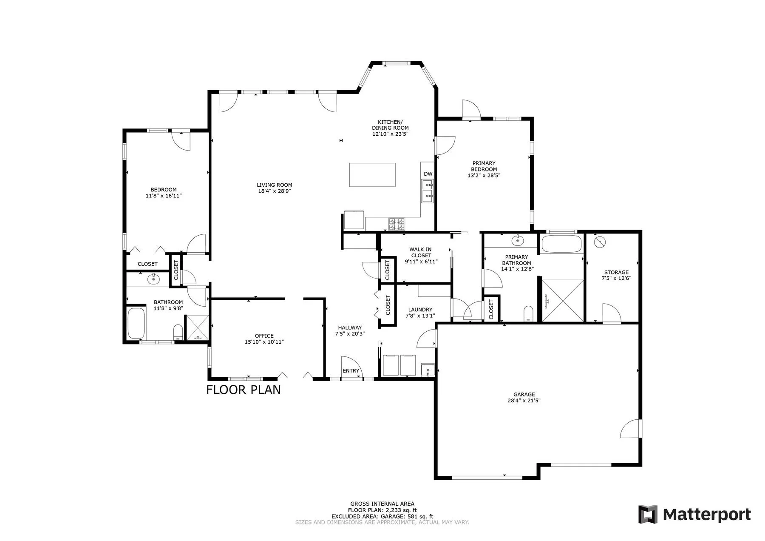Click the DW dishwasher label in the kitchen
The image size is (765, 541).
click(428, 174)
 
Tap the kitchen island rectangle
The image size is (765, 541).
click(372, 175)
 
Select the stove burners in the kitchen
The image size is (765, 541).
click(397, 224)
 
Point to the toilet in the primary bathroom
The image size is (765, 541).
click(528, 313)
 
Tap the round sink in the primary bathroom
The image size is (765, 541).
click(518, 241)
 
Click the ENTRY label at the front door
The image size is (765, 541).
click(351, 371)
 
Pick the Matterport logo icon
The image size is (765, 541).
click(648, 514)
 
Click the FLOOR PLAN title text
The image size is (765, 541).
click(244, 390)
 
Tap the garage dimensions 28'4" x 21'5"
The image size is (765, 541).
click(524, 400)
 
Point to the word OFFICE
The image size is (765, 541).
click(264, 336)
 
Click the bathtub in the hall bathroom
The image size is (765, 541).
click(136, 323)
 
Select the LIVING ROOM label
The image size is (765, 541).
click(275, 185)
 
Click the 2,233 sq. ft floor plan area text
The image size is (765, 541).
click(401, 510)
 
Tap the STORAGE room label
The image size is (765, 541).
click(616, 273)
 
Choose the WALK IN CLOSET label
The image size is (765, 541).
click(421, 253)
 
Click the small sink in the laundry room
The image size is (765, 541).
click(428, 370)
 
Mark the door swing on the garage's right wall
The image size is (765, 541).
click(629, 428)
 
